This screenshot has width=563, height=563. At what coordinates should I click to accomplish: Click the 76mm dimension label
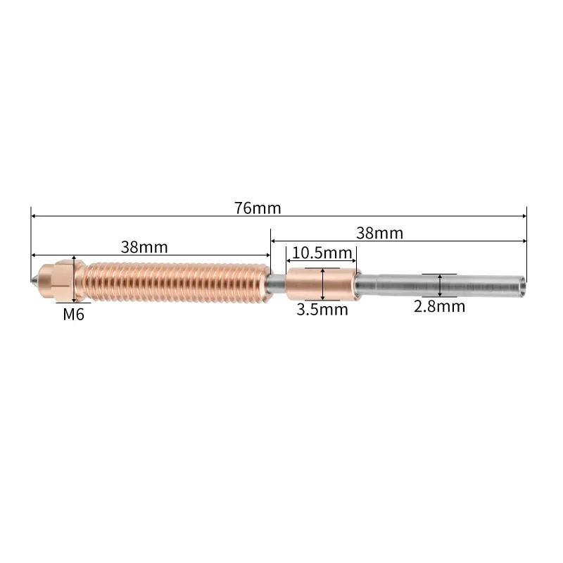[258, 208]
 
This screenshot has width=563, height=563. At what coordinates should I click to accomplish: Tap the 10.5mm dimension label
[322, 253]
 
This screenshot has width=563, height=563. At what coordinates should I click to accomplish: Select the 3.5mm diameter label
[322, 310]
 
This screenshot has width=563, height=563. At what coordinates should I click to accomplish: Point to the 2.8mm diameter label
[439, 307]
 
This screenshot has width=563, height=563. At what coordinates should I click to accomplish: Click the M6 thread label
[74, 315]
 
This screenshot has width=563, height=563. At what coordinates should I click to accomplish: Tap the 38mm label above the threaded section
[144, 248]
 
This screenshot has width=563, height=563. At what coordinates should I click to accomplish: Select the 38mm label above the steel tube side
[379, 234]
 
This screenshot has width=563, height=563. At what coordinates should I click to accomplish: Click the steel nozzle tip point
[33, 279]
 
